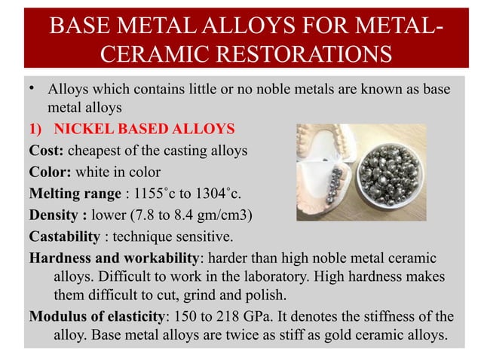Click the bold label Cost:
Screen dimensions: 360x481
48,151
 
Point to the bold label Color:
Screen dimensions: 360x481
51,172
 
